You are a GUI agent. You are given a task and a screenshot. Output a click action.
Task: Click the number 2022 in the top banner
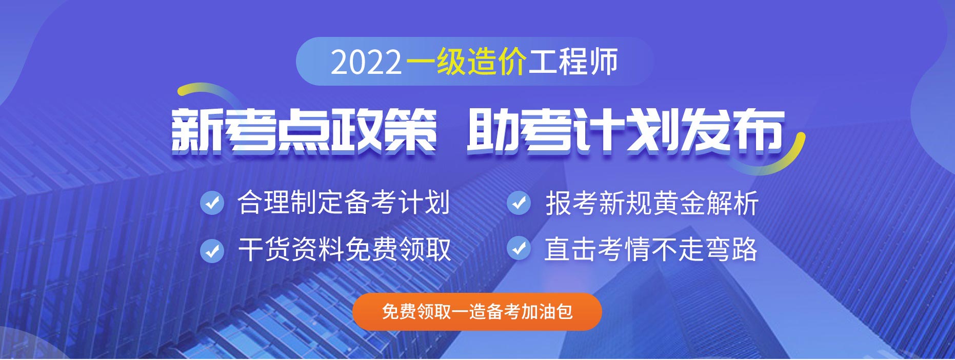[366, 63]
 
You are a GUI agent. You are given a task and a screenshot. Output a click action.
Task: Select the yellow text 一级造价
[466, 62]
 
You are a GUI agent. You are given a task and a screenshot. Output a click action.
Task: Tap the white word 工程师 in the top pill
[573, 62]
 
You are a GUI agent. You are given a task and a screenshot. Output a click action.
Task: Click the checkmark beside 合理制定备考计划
[212, 203]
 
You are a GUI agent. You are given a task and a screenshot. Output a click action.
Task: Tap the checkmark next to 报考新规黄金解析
[519, 203]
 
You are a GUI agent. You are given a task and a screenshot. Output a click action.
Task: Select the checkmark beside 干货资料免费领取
[212, 250]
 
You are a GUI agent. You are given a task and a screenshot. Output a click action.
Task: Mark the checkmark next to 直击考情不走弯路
[519, 248]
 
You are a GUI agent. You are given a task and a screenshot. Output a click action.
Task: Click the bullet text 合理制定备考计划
[344, 202]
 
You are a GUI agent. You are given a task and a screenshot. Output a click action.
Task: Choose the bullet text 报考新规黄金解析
[652, 203]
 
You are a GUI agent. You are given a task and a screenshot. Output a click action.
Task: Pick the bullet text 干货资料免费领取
[344, 250]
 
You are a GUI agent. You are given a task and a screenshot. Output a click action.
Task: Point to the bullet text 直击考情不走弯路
[651, 249]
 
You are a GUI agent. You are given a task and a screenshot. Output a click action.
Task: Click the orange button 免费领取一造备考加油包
[477, 312]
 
